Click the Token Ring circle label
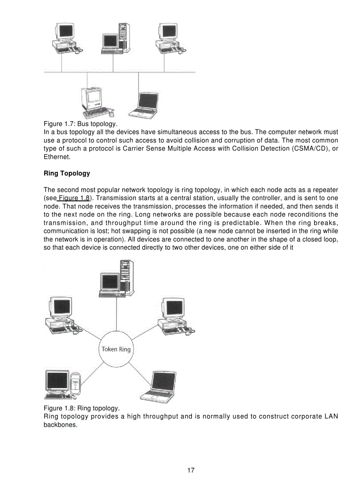(116, 349)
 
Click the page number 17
(191, 470)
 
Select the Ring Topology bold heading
(67, 173)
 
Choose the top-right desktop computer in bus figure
(169, 39)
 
